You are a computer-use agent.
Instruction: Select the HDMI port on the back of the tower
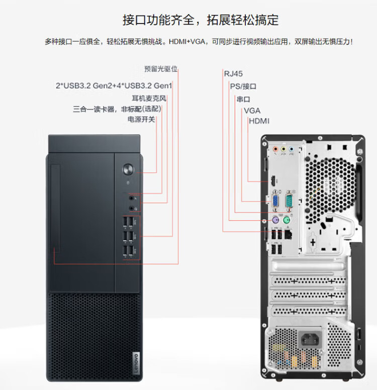(x=273, y=180)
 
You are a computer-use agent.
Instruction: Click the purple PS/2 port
(x=274, y=220)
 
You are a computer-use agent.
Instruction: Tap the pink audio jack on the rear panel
(x=275, y=149)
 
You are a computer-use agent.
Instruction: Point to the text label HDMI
(x=259, y=121)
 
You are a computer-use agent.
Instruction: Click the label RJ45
(x=233, y=74)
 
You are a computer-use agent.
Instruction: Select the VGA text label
(x=252, y=110)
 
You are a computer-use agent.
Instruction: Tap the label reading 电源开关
(x=141, y=120)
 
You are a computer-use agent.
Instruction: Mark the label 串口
(x=243, y=99)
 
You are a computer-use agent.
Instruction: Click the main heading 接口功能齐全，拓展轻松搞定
(x=201, y=20)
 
